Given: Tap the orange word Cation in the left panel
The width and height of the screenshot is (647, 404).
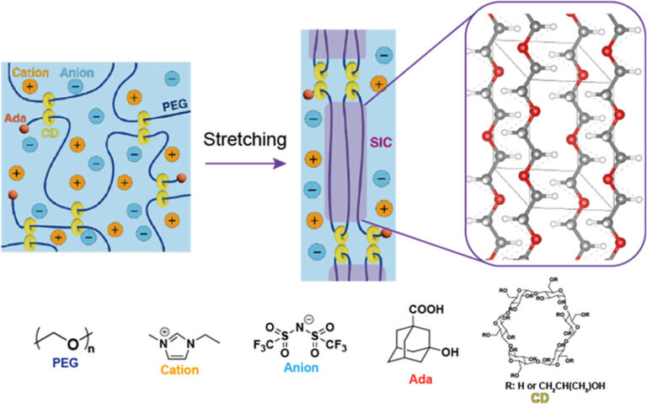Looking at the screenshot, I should click(31, 73).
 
